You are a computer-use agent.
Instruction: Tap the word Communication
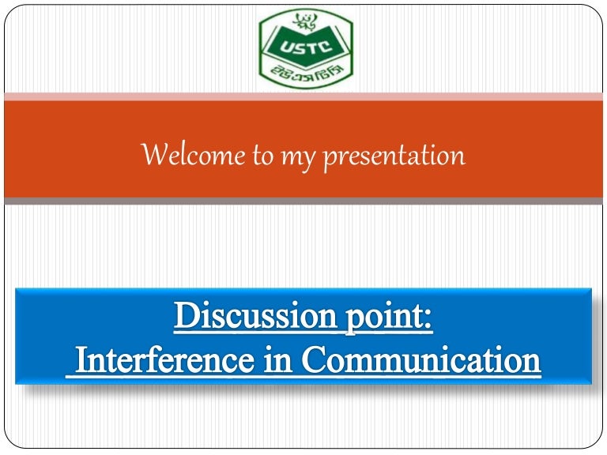click(421, 360)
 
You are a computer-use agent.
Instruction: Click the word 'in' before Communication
click(285, 360)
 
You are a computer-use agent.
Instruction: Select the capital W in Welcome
click(153, 156)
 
